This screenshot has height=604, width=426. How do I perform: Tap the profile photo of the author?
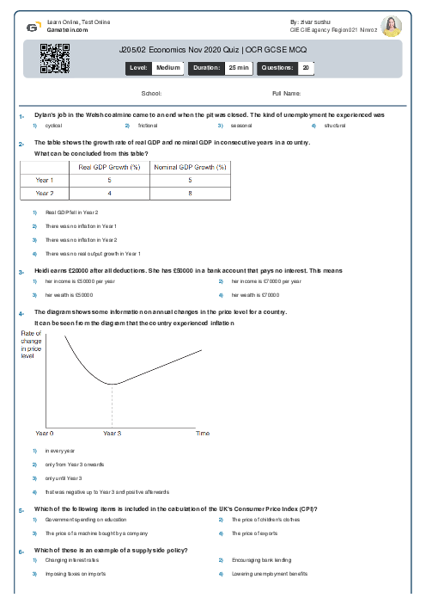[x=391, y=26]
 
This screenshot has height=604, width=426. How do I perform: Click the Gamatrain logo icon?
[x=33, y=27]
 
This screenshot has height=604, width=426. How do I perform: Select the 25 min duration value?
[x=238, y=67]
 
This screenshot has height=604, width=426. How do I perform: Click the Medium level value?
[x=167, y=67]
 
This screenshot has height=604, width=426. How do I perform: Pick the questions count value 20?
[x=306, y=67]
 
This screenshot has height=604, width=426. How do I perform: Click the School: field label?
[x=151, y=93]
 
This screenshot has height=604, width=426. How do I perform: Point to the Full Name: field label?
[x=286, y=93]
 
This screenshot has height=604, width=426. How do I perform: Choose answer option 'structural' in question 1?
[x=334, y=126]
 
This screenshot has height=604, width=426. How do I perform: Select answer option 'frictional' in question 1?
[x=148, y=126]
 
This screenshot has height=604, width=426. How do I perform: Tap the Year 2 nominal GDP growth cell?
[x=190, y=194]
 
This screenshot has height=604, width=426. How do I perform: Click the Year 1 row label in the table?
[x=45, y=180]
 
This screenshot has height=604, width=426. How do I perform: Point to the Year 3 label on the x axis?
[x=112, y=433]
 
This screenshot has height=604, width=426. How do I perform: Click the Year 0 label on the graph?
[x=44, y=433]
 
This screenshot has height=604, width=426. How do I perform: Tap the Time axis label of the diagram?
[x=203, y=433]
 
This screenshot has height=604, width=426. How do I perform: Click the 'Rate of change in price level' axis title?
[x=31, y=343]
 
